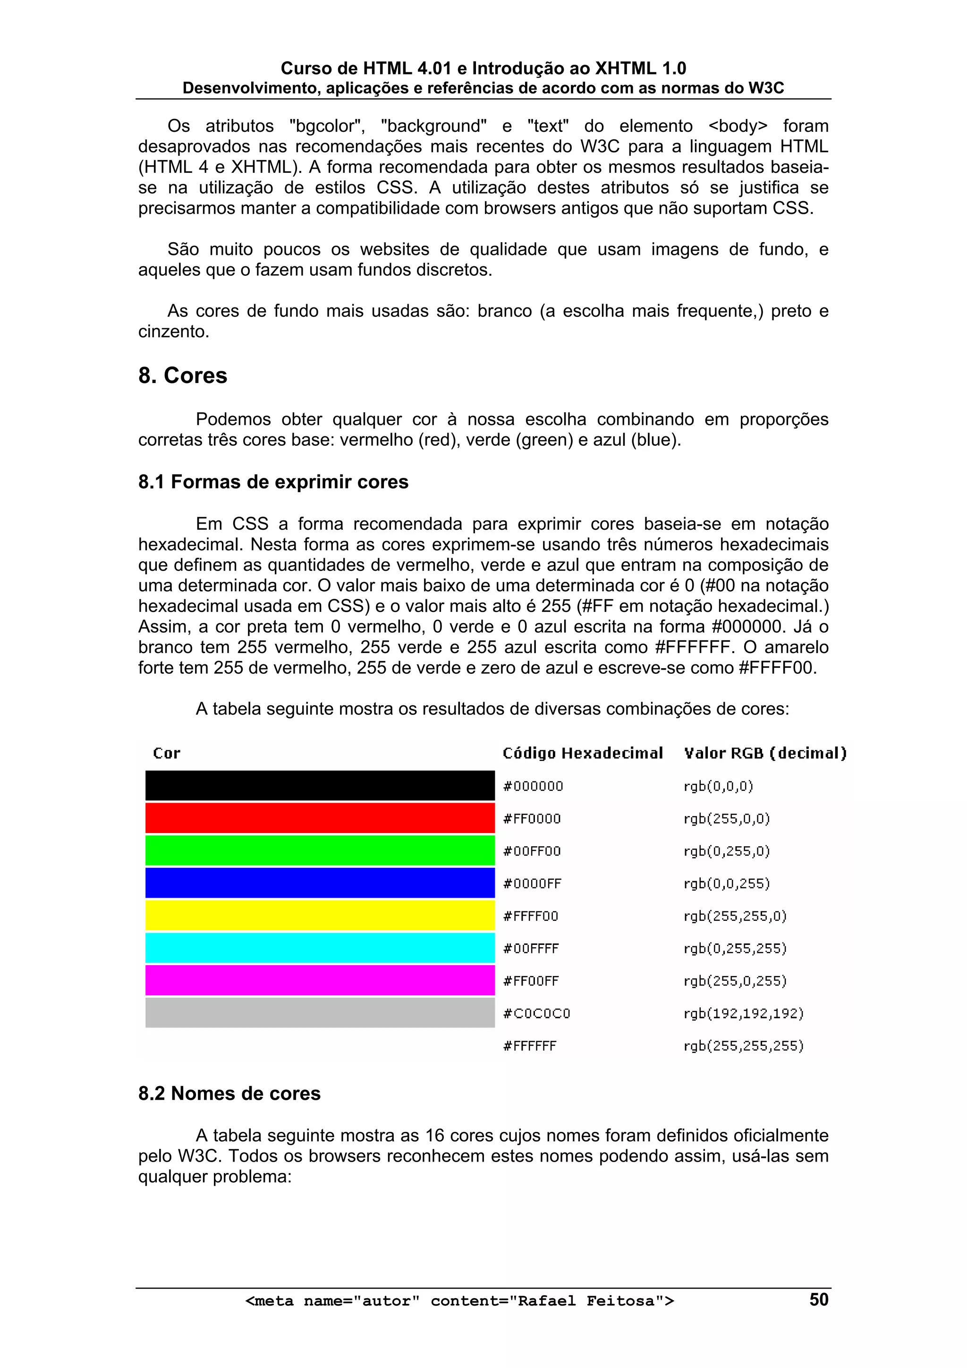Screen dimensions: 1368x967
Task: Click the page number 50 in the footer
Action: coord(819,1299)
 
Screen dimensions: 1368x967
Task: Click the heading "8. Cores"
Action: coord(182,376)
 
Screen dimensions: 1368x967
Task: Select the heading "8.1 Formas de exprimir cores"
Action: coord(273,482)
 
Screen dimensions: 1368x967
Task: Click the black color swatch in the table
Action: coord(320,785)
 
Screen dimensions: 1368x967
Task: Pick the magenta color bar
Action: coord(320,980)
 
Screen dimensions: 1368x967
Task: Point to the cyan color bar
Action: coord(320,948)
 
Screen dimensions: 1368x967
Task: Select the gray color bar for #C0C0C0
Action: coord(320,1013)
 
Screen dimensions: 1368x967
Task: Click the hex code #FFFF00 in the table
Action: coord(530,916)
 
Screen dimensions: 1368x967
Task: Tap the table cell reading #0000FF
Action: coord(532,884)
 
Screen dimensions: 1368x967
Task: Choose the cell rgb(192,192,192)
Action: coord(744,1013)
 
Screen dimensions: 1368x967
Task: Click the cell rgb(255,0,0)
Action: coord(726,819)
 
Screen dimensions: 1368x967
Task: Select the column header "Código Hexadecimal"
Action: coord(582,753)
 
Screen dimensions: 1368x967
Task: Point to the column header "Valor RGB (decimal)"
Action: coord(765,753)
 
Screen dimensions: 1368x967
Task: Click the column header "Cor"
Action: coord(166,753)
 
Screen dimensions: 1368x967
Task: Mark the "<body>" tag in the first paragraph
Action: coord(738,126)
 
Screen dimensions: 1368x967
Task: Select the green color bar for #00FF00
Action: coord(320,850)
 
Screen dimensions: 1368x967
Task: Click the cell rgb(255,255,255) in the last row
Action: coord(744,1045)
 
